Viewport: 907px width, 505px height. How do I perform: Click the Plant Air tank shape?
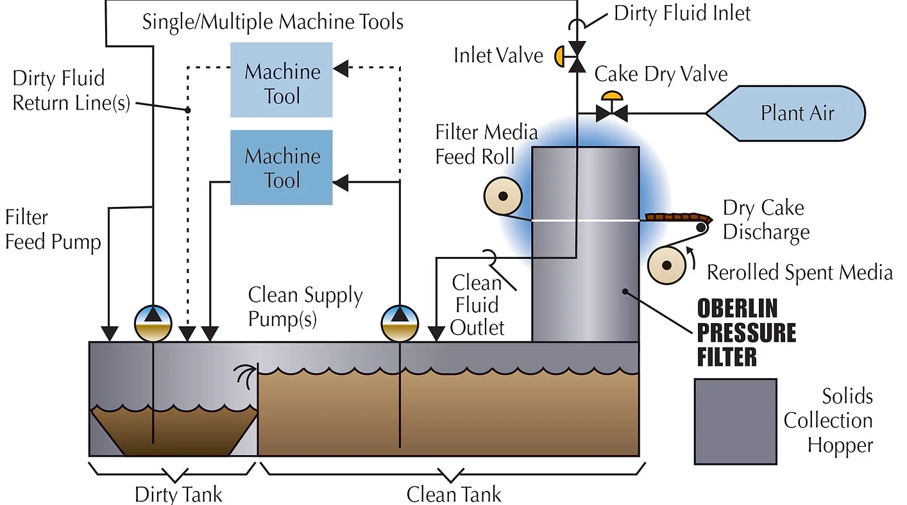pyautogui.click(x=786, y=113)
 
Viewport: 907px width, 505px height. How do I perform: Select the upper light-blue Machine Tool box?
pyautogui.click(x=282, y=79)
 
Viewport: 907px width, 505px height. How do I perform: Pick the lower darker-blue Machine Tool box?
pyautogui.click(x=282, y=167)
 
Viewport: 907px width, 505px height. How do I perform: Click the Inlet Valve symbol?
pyautogui.click(x=572, y=56)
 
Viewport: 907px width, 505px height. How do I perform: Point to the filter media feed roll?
pyautogui.click(x=503, y=196)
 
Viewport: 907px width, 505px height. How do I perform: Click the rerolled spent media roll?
pyautogui.click(x=666, y=265)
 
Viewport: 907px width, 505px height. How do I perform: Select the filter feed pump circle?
pyautogui.click(x=153, y=323)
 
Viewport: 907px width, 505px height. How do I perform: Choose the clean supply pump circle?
pyautogui.click(x=400, y=323)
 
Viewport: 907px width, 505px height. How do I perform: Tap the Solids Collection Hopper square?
pyautogui.click(x=735, y=421)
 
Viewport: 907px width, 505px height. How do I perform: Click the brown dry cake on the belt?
pyautogui.click(x=679, y=217)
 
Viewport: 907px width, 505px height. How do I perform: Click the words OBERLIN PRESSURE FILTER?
pyautogui.click(x=746, y=332)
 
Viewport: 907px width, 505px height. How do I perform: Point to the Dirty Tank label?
pyautogui.click(x=178, y=495)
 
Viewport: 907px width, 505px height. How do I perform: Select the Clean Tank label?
pyautogui.click(x=453, y=495)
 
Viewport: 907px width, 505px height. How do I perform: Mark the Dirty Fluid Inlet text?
pyautogui.click(x=682, y=13)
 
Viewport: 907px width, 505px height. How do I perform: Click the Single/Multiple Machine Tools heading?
pyautogui.click(x=273, y=22)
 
